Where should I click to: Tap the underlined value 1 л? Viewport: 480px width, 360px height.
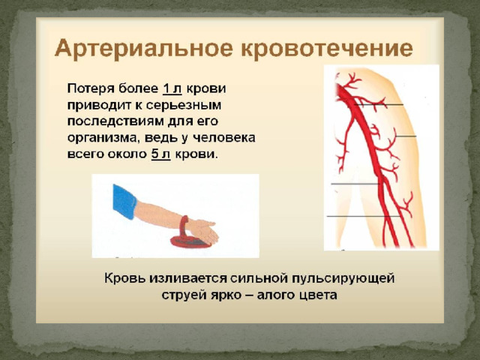pos(172,88)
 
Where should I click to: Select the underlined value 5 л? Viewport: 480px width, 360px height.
pos(160,154)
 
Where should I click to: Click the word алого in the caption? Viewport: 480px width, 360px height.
pos(274,295)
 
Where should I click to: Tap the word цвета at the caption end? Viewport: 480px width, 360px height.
pos(317,295)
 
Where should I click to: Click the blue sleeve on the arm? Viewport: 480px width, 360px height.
pos(124,202)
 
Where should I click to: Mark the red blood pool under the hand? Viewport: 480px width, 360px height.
pos(190,241)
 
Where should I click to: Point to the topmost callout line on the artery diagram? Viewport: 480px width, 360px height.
pos(379,105)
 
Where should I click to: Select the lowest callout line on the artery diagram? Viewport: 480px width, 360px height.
pos(364,217)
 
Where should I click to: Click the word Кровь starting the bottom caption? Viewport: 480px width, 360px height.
pos(125,278)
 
